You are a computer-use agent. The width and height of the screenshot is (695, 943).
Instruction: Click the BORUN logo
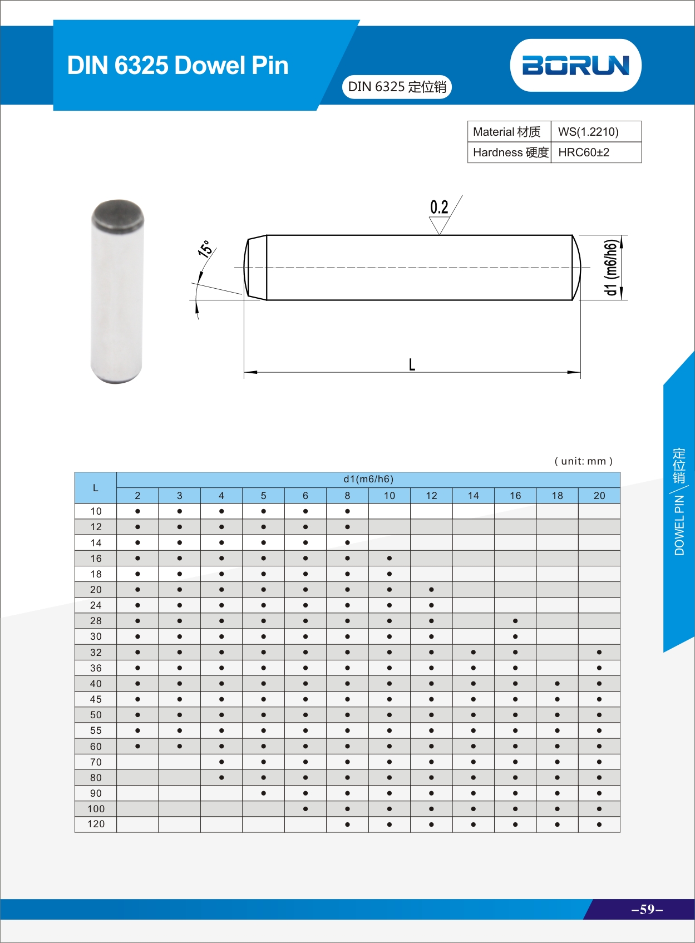pyautogui.click(x=575, y=65)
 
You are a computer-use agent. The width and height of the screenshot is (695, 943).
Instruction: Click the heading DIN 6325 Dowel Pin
pyautogui.click(x=178, y=65)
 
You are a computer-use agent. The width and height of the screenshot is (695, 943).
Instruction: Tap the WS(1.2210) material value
pyautogui.click(x=588, y=132)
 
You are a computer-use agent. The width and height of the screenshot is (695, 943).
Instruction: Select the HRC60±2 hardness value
pyautogui.click(x=584, y=152)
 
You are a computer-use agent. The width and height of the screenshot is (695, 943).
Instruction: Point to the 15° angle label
pyautogui.click(x=205, y=249)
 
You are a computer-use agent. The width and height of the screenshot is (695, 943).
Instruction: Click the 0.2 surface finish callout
pyautogui.click(x=439, y=208)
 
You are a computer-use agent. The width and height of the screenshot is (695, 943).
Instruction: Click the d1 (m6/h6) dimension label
pyautogui.click(x=610, y=267)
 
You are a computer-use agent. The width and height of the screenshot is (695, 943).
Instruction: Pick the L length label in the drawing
pyautogui.click(x=412, y=364)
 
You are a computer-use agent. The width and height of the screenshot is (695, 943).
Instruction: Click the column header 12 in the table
pyautogui.click(x=431, y=496)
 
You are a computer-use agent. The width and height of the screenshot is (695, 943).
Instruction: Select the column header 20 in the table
pyautogui.click(x=599, y=496)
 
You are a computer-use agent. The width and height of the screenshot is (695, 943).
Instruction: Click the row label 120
pyautogui.click(x=96, y=824)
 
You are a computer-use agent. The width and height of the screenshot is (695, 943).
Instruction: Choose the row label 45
pyautogui.click(x=96, y=699)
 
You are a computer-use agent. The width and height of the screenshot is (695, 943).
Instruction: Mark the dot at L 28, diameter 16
pyautogui.click(x=515, y=621)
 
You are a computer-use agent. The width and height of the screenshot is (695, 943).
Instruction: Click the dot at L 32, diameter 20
pyautogui.click(x=599, y=652)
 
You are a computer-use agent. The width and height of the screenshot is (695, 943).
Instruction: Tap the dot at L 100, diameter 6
pyautogui.click(x=305, y=809)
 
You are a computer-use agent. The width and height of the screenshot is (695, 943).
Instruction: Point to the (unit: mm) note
pyautogui.click(x=583, y=461)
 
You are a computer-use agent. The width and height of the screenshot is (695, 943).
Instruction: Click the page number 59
pyautogui.click(x=647, y=909)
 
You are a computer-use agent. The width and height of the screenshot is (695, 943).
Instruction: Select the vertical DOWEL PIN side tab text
pyautogui.click(x=679, y=525)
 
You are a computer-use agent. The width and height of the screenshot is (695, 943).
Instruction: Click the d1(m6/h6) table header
pyautogui.click(x=368, y=479)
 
